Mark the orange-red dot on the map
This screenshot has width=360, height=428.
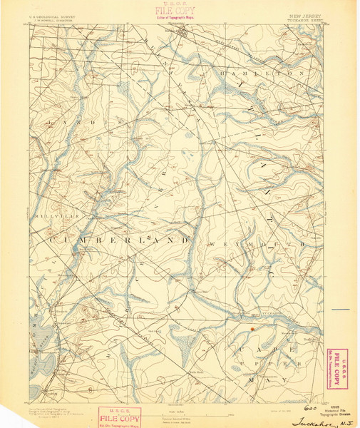pos(252,328)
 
